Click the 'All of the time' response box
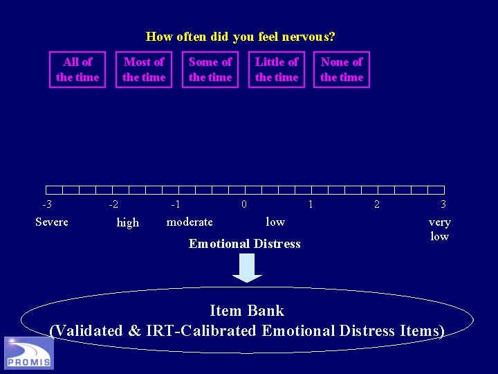77,69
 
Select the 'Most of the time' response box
144,69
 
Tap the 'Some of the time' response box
210,69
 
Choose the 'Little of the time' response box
277,69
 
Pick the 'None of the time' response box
342,69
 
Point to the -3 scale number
47,204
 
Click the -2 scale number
113,204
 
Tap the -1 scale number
176,204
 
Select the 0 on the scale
243,204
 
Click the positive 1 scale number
310,204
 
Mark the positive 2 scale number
376,204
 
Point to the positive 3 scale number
443,204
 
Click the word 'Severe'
52,222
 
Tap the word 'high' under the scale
128,222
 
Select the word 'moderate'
190,222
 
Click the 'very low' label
439,229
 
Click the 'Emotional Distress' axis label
245,244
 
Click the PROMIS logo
29,353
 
